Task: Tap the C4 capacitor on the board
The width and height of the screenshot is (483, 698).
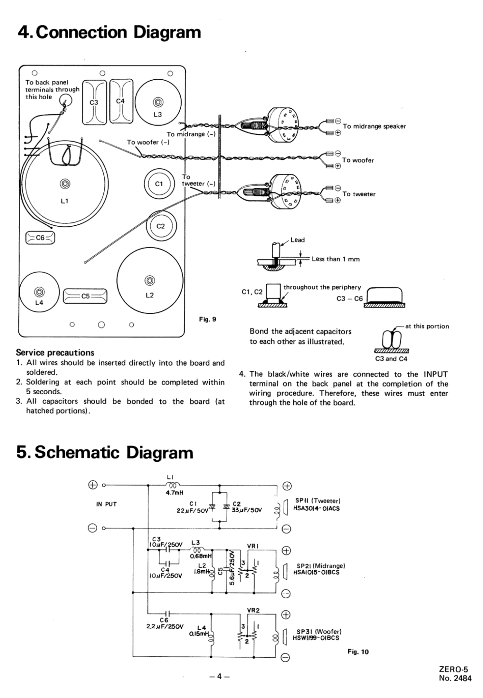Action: pos(121,101)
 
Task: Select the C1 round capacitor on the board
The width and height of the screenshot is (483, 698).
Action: pos(159,184)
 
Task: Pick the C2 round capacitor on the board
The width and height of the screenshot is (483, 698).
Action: pos(161,226)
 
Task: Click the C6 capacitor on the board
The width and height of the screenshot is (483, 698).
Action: pos(40,238)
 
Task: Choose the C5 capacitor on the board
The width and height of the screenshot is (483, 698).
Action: pos(85,296)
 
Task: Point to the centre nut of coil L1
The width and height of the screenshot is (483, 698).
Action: pos(65,184)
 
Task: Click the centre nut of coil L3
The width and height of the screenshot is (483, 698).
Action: pos(158,102)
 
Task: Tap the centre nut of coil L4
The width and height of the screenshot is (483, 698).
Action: pos(39,292)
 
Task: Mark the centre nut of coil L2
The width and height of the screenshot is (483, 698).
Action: pos(150,280)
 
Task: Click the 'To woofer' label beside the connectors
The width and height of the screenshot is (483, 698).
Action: pos(358,160)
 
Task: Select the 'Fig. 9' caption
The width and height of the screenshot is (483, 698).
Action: pos(207,319)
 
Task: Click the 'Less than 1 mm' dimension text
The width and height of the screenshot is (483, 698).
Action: pos(336,259)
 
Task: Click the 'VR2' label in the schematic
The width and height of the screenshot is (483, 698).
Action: pos(253,610)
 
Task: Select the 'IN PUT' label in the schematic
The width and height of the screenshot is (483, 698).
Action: pos(106,504)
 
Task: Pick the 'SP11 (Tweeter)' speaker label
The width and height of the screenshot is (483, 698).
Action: pos(318,501)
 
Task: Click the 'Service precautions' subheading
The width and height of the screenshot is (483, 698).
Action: pos(55,352)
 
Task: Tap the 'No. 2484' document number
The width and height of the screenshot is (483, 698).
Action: pos(455,678)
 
